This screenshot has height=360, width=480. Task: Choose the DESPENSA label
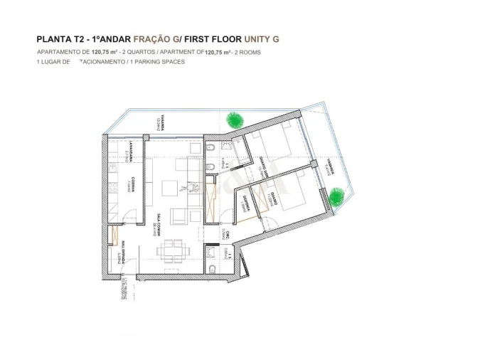[x=245, y=203]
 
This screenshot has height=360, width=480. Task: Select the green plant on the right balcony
[x=336, y=196]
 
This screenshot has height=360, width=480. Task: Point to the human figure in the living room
[x=189, y=188]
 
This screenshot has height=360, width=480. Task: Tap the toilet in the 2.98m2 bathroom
[x=213, y=269]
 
